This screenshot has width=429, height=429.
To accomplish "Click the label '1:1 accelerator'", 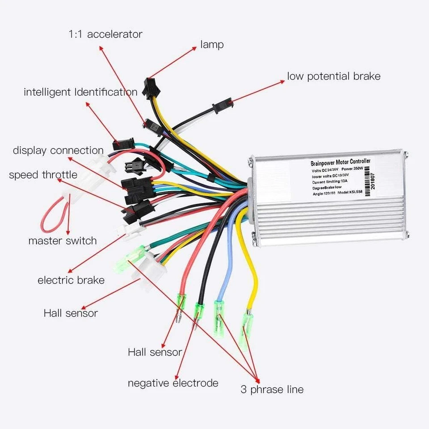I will pyautogui.click(x=105, y=34).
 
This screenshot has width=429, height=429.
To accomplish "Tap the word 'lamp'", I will pyautogui.click(x=212, y=45).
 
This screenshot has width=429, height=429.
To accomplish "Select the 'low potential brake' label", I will pyautogui.click(x=333, y=76).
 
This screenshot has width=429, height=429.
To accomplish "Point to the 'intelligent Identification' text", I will pyautogui.click(x=80, y=93).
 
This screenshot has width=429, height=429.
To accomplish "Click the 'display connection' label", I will pyautogui.click(x=58, y=151).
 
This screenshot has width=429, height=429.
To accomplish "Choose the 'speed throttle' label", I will pyautogui.click(x=43, y=175).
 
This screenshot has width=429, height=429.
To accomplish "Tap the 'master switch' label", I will pyautogui.click(x=63, y=241).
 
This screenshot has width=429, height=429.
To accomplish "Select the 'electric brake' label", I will pyautogui.click(x=71, y=281).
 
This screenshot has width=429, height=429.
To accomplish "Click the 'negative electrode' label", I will pyautogui.click(x=173, y=383).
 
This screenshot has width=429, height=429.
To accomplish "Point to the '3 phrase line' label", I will pyautogui.click(x=272, y=389).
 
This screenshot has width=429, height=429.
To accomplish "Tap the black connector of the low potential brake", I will pyautogui.click(x=222, y=106).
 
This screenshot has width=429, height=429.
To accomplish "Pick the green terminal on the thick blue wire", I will pyautogui.click(x=219, y=313).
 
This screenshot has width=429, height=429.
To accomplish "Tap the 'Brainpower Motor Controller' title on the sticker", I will pyautogui.click(x=340, y=163).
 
